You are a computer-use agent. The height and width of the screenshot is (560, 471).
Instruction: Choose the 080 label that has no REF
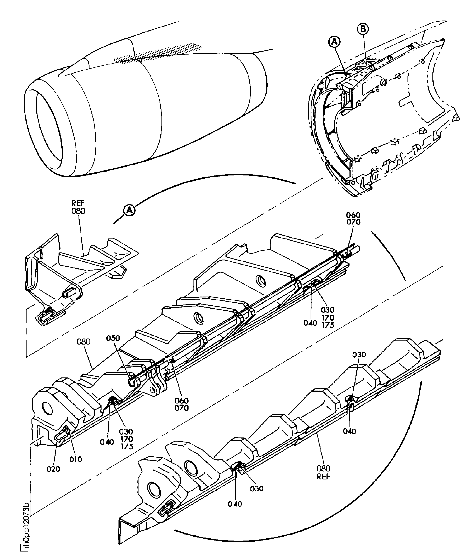[x=84, y=342]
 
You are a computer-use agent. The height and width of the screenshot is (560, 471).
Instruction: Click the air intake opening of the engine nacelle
[x=48, y=126]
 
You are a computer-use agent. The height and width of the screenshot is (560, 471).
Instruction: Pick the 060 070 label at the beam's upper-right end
[x=353, y=218]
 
